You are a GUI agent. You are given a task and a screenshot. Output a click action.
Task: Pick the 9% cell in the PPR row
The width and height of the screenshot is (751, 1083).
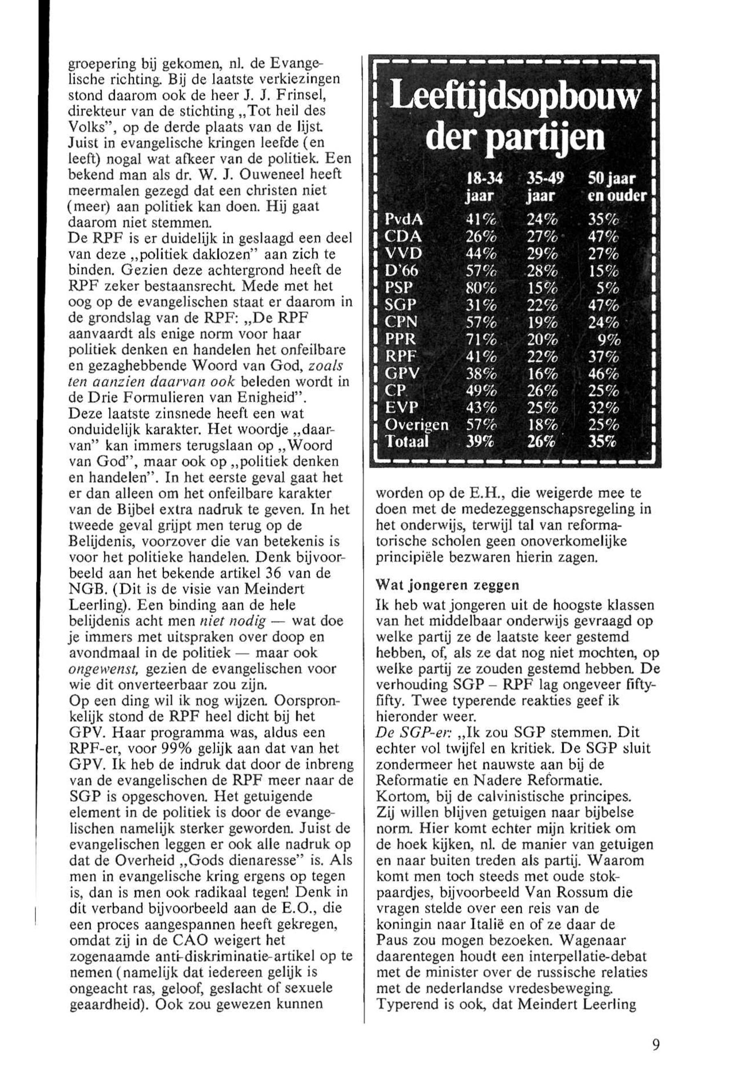[610, 339]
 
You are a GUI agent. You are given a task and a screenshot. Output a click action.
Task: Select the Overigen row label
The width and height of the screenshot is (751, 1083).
[416, 425]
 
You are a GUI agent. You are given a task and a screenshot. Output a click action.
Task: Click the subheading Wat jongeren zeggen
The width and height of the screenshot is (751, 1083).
[447, 585]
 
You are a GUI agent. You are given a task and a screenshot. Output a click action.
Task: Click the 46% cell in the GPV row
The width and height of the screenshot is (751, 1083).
[604, 373]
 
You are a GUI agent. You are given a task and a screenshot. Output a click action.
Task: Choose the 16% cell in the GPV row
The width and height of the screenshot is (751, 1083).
[543, 373]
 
